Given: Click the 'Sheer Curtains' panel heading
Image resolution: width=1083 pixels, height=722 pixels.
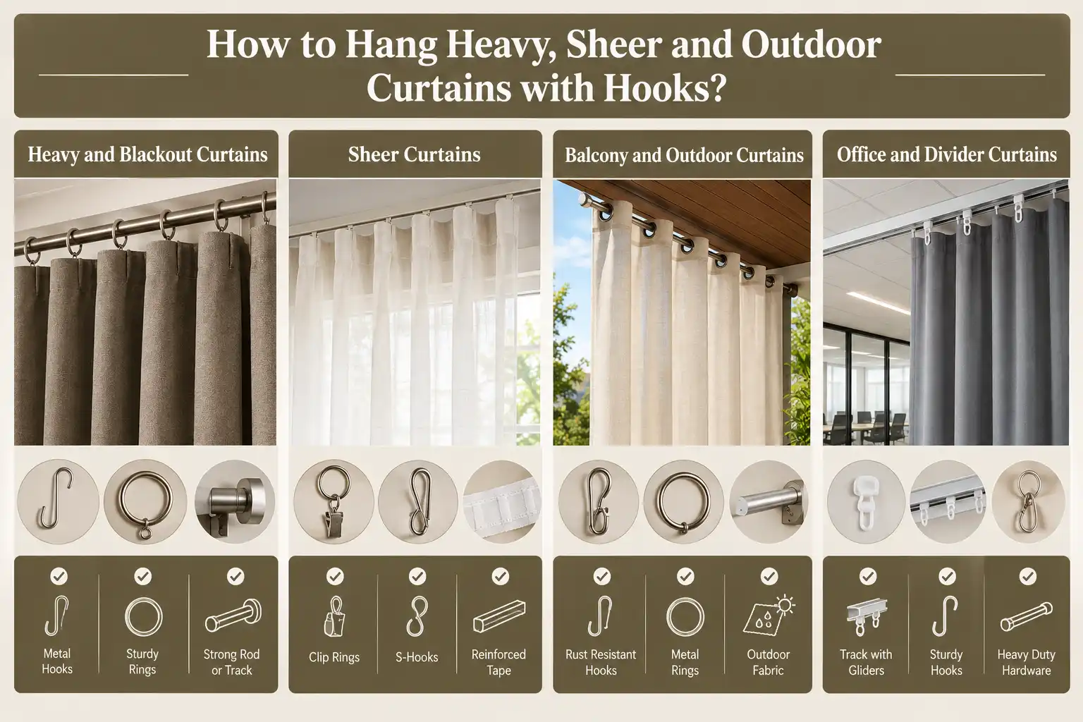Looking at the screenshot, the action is coord(415,154).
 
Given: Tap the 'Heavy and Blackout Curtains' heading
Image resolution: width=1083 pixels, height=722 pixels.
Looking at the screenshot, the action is coord(147,154).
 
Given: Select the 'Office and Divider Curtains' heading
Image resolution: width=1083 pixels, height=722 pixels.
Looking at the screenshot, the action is coord(947,154).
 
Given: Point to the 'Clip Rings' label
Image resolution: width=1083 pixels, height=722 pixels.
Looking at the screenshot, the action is coord(334,658).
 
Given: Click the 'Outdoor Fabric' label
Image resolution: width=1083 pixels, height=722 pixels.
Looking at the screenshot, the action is coord(769,662).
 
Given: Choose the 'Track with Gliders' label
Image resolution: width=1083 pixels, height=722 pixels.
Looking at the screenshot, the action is coord(866,662).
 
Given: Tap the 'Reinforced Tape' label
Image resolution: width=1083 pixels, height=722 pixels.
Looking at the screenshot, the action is coord(498,662).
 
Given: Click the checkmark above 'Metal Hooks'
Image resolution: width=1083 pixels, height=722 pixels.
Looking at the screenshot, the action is coord(59,576).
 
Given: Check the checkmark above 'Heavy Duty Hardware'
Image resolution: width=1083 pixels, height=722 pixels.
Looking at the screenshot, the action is coord(1028,576).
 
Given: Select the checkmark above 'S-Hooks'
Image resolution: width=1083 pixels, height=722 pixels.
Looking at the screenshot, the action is coord(417,576).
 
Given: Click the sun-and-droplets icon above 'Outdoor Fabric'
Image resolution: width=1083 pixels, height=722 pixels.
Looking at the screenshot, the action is coord(769,615).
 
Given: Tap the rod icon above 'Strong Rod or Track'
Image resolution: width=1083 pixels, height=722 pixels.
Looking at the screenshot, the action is coord(233,616).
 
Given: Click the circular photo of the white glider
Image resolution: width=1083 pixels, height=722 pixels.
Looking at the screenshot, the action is coord(865,501).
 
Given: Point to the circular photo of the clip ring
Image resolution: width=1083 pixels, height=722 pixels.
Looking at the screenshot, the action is coord(334,501).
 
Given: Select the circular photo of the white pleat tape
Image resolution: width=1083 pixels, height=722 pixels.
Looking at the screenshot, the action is coord(501,501).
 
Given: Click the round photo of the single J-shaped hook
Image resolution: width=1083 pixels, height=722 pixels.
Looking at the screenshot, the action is coord(58,501).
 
